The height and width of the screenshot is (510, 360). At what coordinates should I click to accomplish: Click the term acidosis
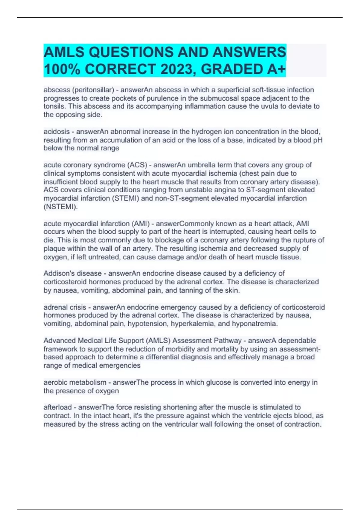pos(56,132)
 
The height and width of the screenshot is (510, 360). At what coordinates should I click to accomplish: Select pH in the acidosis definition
pos(318,140)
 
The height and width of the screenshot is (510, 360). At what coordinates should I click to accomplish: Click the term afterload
pos(58,407)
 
